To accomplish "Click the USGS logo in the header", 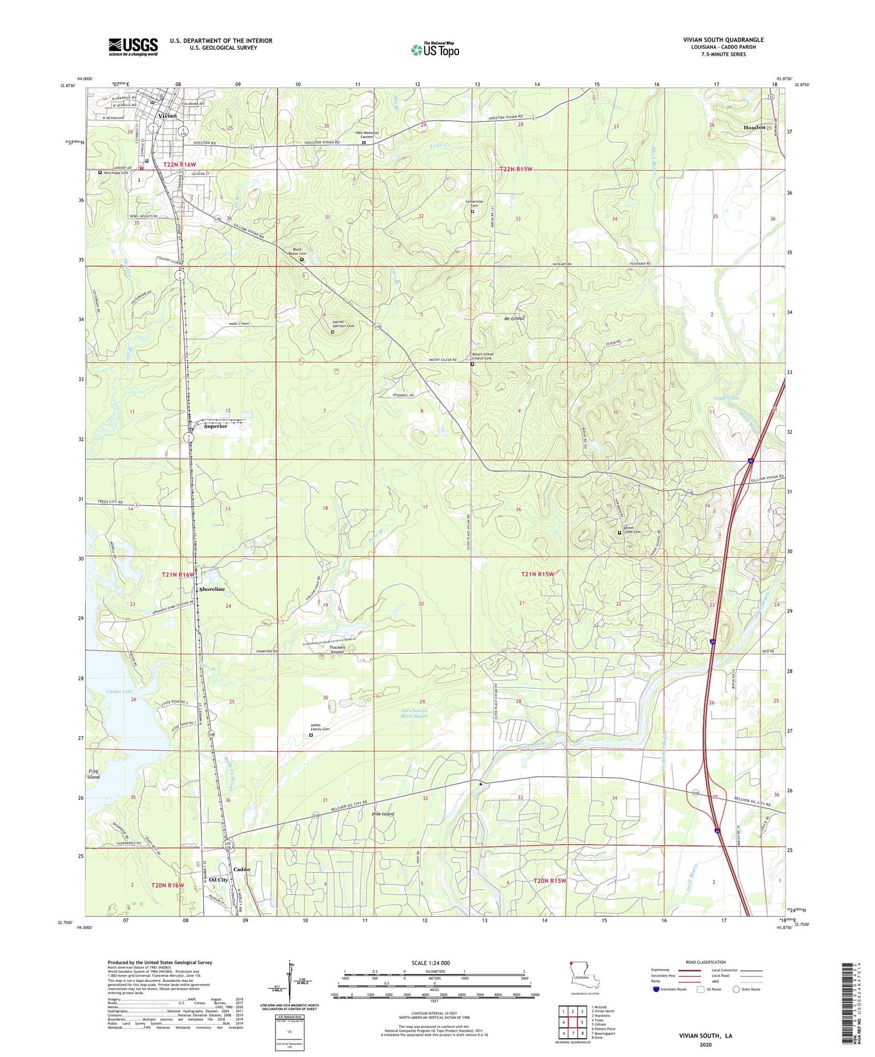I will point(133,47).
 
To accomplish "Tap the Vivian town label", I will point(167,116).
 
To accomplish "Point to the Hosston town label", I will point(754,128).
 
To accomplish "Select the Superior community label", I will point(216,426).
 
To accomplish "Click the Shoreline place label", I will point(212,589).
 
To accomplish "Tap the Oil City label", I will point(219,880).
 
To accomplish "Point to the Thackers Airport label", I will point(337,650).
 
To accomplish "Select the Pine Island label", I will point(383,814).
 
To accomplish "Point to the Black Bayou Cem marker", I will point(302,260).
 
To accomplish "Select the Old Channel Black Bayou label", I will point(414,713).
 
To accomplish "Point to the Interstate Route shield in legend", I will point(657,990).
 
